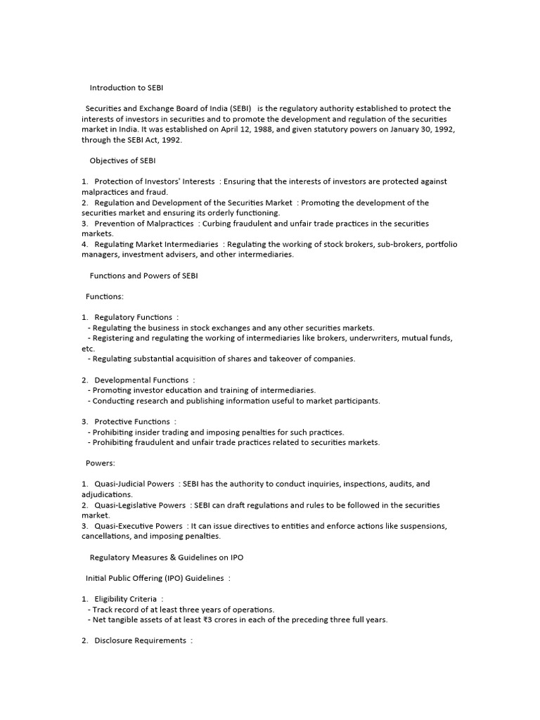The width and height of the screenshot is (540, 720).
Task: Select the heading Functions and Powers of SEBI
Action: [x=143, y=276]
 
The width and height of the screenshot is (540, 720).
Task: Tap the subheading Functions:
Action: [x=104, y=297]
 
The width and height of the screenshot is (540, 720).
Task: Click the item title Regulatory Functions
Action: [x=133, y=318]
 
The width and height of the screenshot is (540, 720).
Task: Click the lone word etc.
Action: [x=88, y=349]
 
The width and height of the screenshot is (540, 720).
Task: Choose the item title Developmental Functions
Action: [x=141, y=380]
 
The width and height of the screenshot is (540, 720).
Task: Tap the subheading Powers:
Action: [x=100, y=463]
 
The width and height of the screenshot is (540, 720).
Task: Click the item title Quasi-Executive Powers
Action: [x=138, y=526]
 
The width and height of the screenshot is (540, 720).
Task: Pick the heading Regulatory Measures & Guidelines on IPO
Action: [x=167, y=557]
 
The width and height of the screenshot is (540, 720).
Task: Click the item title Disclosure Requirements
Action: [x=140, y=641]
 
